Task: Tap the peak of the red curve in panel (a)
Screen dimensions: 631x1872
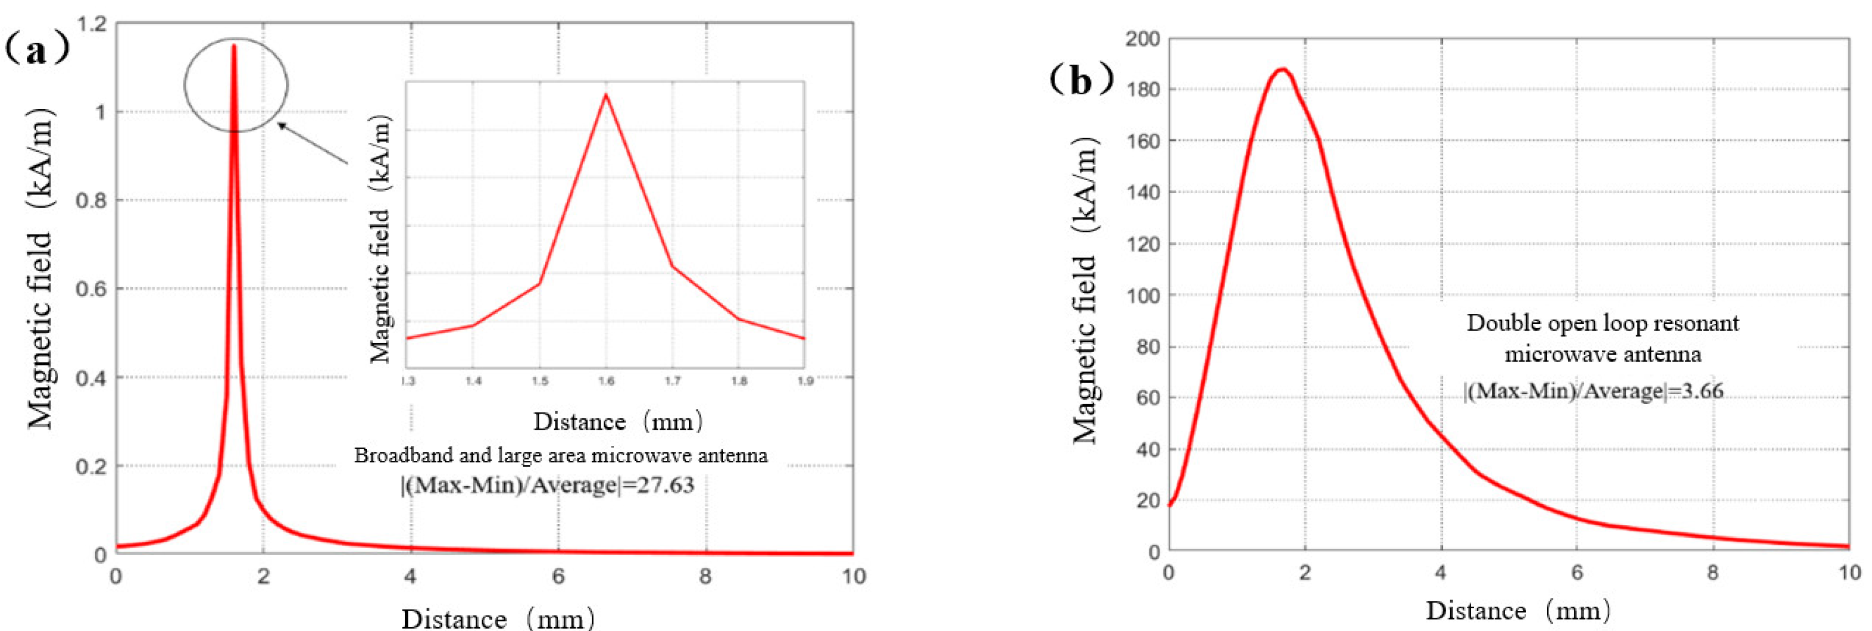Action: (233, 46)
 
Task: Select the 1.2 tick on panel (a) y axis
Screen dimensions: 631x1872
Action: (91, 24)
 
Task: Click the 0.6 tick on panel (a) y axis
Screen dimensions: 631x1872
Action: (91, 288)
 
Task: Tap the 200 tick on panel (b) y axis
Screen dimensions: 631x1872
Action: (1142, 38)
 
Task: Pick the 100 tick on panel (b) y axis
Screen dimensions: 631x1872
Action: (1142, 295)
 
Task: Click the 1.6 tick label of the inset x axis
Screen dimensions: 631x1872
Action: (605, 381)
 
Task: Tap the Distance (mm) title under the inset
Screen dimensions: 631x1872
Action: (618, 421)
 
